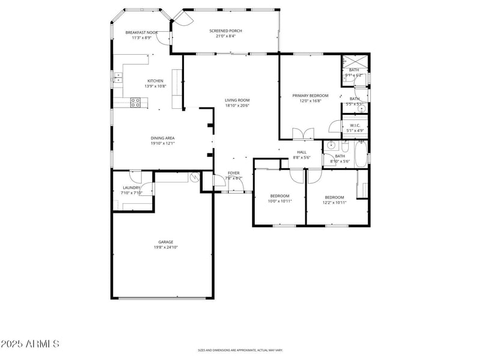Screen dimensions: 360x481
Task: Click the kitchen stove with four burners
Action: pyautogui.click(x=135, y=103)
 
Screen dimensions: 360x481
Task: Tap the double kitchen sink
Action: pyautogui.click(x=118, y=77)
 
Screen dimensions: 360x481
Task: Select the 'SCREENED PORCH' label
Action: pyautogui.click(x=225, y=31)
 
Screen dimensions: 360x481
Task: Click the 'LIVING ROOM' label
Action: pyautogui.click(x=237, y=100)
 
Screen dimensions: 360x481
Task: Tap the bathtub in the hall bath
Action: pyautogui.click(x=361, y=154)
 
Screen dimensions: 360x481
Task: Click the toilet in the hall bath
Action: pyautogui.click(x=345, y=146)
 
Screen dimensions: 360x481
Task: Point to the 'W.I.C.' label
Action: pyautogui.click(x=355, y=125)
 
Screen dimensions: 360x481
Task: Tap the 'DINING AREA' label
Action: pyautogui.click(x=162, y=138)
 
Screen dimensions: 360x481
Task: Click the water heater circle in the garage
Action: pyautogui.click(x=194, y=177)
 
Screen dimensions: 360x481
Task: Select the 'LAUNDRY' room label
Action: pyautogui.click(x=131, y=188)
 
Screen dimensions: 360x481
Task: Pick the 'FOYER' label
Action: pyautogui.click(x=233, y=173)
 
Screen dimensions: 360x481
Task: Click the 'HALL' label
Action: pyautogui.click(x=302, y=152)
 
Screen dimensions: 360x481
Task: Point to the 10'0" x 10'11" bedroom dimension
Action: pyautogui.click(x=280, y=202)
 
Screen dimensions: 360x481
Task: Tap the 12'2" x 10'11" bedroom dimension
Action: pyautogui.click(x=334, y=203)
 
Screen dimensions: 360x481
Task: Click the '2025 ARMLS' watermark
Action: pyautogui.click(x=30, y=344)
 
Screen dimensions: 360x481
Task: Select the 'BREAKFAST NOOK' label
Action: pyautogui.click(x=141, y=32)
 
